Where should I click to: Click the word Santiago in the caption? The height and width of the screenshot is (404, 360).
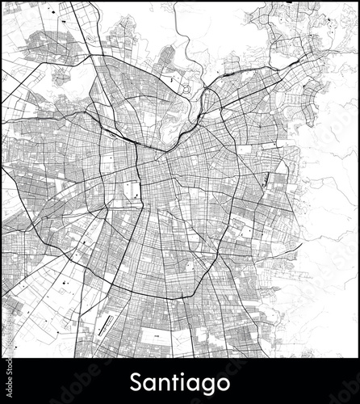pyautogui.click(x=180, y=380)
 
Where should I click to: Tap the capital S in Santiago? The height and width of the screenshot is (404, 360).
pyautogui.click(x=136, y=379)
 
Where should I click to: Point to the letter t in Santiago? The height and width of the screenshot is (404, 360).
pyautogui.click(x=171, y=379)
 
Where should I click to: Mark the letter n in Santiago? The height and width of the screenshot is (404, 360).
pyautogui.click(x=160, y=381)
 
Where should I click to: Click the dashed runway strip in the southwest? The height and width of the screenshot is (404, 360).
pyautogui.click(x=103, y=325)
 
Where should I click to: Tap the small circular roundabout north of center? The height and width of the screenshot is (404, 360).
pyautogui.click(x=184, y=90)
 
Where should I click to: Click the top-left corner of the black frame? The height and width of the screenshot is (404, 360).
pyautogui.click(x=2, y=2)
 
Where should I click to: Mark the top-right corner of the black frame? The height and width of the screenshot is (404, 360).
pyautogui.click(x=358, y=2)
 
